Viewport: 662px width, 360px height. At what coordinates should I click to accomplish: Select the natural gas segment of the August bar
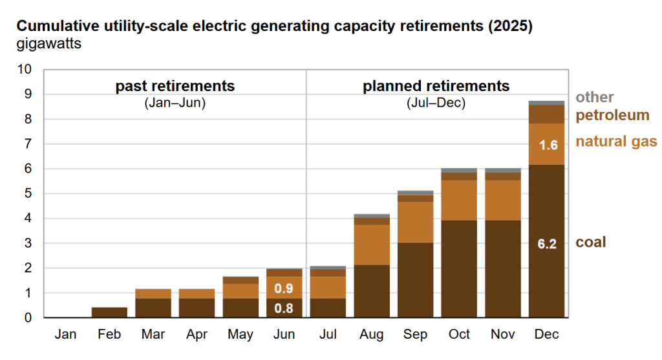coord(371,245)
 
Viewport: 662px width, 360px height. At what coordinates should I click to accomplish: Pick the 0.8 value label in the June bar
coord(284,308)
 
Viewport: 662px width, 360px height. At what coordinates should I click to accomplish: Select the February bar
coord(109,312)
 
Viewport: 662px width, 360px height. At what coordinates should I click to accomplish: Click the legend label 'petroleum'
coord(612,116)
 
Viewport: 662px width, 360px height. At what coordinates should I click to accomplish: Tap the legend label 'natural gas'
coord(616,142)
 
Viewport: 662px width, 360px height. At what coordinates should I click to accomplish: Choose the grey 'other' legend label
coord(595,97)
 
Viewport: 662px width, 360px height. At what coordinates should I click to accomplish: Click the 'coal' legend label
coord(591,242)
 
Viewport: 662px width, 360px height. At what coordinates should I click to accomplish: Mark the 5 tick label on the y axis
coord(27,194)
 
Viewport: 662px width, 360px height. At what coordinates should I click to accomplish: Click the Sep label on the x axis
coord(415,335)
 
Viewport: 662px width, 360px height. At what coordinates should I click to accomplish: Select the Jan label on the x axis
coord(66,335)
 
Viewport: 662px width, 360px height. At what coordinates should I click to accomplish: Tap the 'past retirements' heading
coord(175,86)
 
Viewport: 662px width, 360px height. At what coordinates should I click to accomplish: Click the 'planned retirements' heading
coord(436,86)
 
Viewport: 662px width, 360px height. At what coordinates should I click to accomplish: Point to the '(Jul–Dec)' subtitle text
coord(436,103)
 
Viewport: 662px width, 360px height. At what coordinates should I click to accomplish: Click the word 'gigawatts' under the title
coord(49,45)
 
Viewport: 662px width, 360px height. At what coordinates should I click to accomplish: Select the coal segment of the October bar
coord(459,268)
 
